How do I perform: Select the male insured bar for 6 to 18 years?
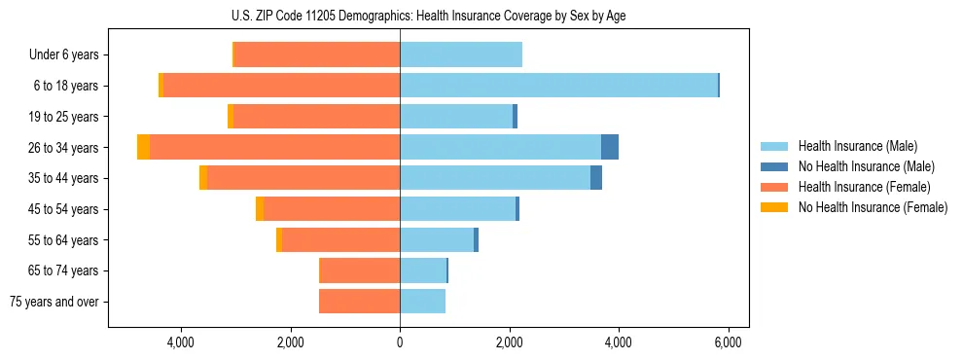pyautogui.click(x=558, y=86)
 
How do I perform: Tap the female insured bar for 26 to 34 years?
pyautogui.click(x=274, y=147)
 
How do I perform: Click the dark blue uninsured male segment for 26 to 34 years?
pyautogui.click(x=610, y=147)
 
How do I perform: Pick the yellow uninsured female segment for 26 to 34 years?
pyautogui.click(x=143, y=147)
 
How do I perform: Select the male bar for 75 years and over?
pyautogui.click(x=422, y=302)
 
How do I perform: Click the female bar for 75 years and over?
pyautogui.click(x=359, y=302)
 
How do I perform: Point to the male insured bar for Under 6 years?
pyautogui.click(x=461, y=54)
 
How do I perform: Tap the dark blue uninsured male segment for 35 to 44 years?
pyautogui.click(x=596, y=178)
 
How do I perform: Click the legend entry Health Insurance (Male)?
pyautogui.click(x=857, y=146)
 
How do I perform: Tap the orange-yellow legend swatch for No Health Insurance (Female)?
pyautogui.click(x=775, y=207)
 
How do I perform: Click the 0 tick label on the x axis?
pyautogui.click(x=400, y=342)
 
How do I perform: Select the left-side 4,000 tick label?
pyautogui.click(x=181, y=342)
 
